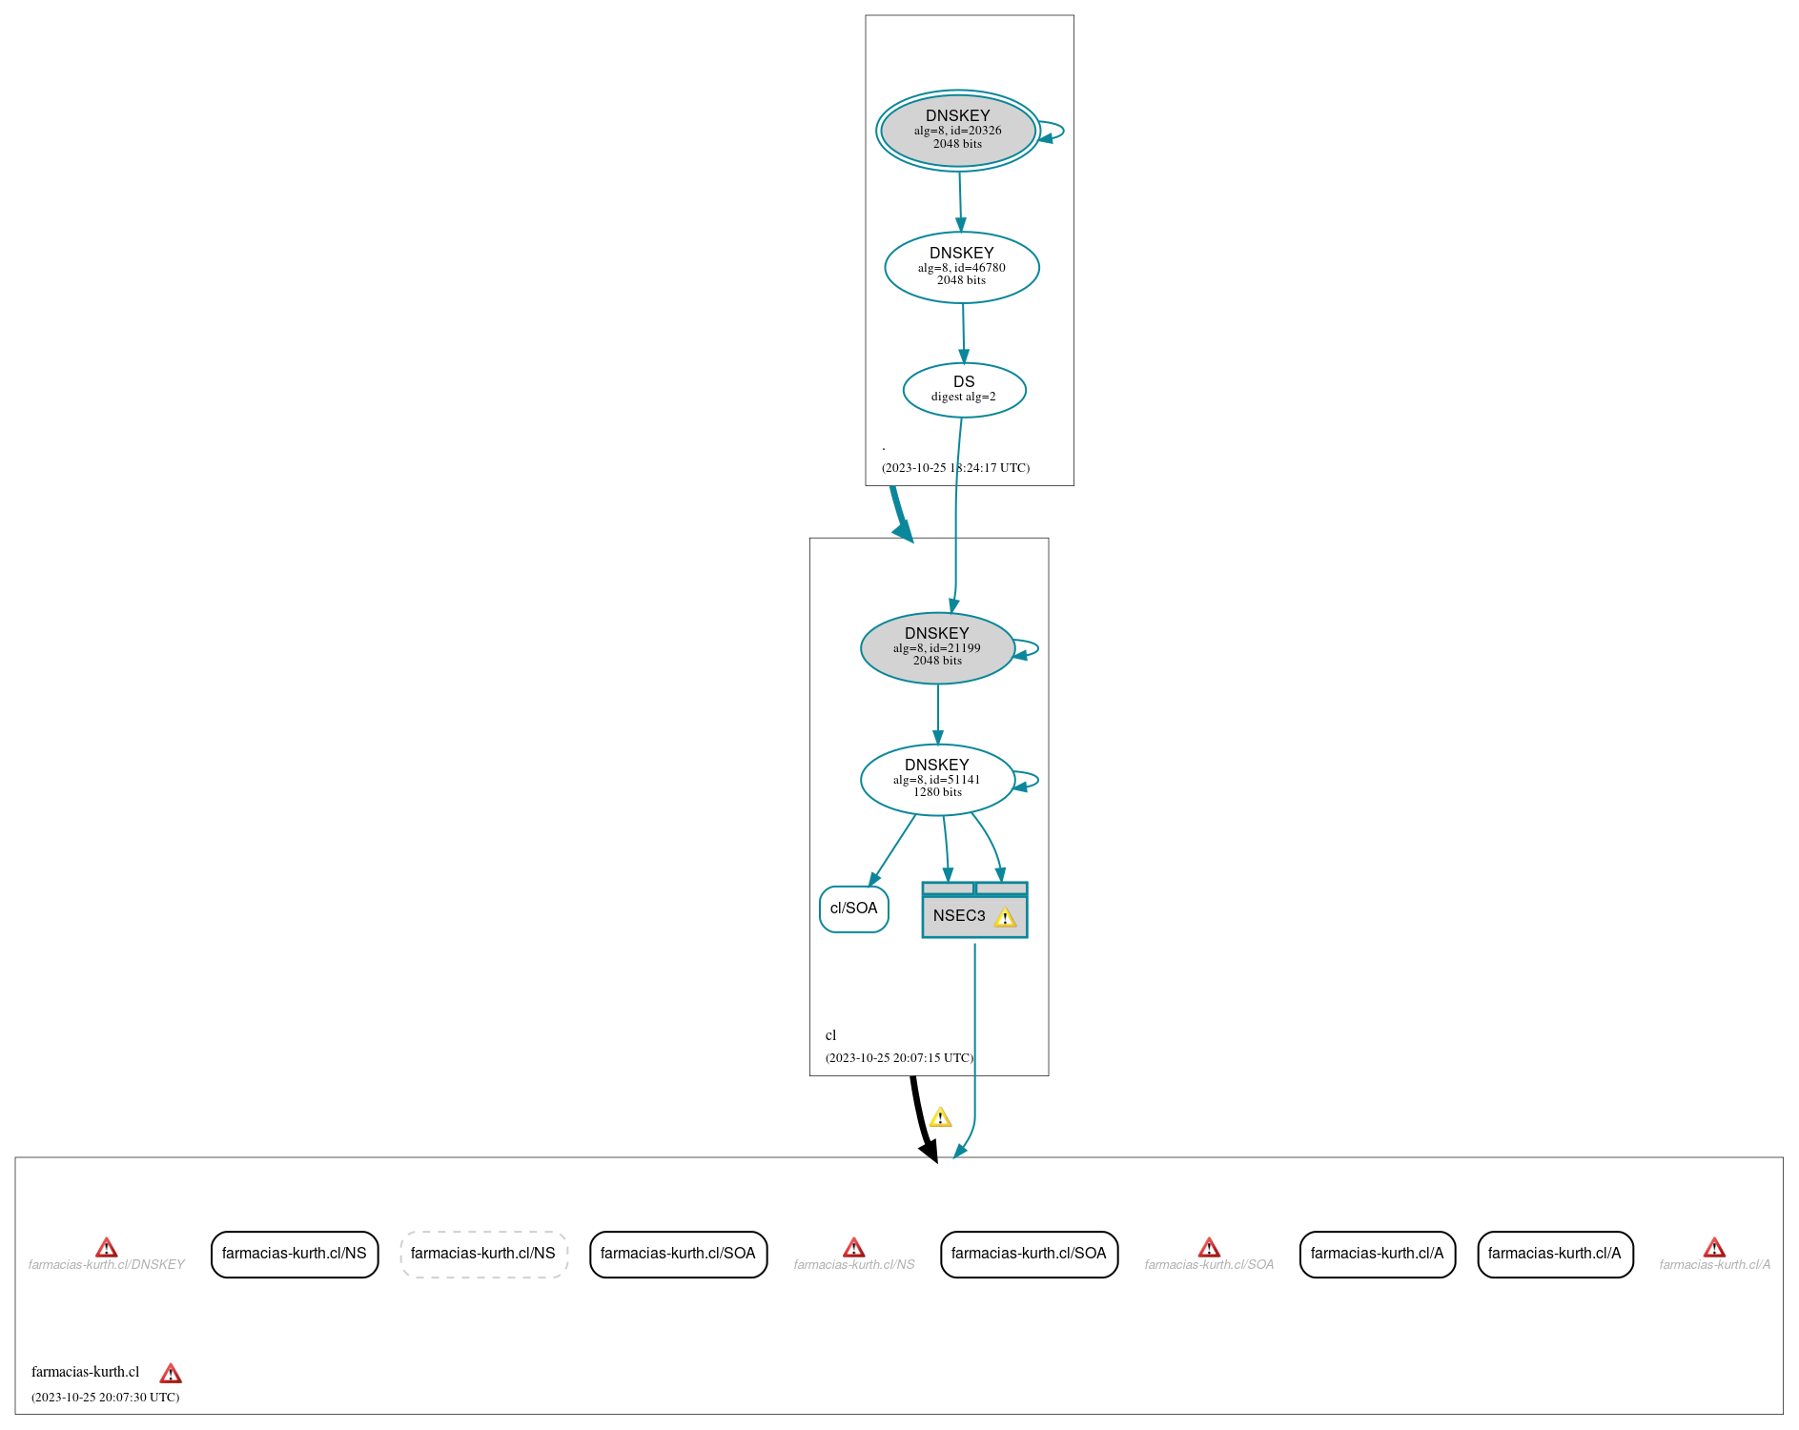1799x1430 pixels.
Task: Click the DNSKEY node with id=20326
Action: coord(957,131)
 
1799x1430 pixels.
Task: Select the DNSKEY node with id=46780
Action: coord(961,267)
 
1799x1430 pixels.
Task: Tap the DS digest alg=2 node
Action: coord(964,389)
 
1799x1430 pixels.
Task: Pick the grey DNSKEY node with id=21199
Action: coord(937,647)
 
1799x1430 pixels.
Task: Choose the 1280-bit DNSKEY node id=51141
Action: coord(937,779)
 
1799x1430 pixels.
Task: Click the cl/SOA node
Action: coord(853,909)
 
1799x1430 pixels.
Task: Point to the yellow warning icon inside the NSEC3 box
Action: coord(1005,917)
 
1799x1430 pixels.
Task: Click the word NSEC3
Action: coord(958,916)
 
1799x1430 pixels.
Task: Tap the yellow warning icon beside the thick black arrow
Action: coord(940,1117)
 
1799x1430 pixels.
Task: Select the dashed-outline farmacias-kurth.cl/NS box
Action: coord(483,1254)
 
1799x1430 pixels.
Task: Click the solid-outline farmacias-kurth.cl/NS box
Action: coord(295,1254)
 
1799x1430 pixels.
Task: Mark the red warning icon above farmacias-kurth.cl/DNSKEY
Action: coord(107,1247)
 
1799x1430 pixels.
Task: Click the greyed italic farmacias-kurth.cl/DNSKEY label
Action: coord(107,1265)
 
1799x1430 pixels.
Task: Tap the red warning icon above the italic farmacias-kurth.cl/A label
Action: coord(1714,1247)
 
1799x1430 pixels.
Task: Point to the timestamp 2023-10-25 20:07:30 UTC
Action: coord(105,1398)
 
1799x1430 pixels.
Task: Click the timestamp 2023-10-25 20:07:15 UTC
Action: coord(899,1058)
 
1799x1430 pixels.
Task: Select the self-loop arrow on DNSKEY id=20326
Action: coord(1056,132)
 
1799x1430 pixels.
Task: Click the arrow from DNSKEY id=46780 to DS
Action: coord(963,333)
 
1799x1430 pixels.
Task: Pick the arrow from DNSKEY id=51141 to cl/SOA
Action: coord(892,850)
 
